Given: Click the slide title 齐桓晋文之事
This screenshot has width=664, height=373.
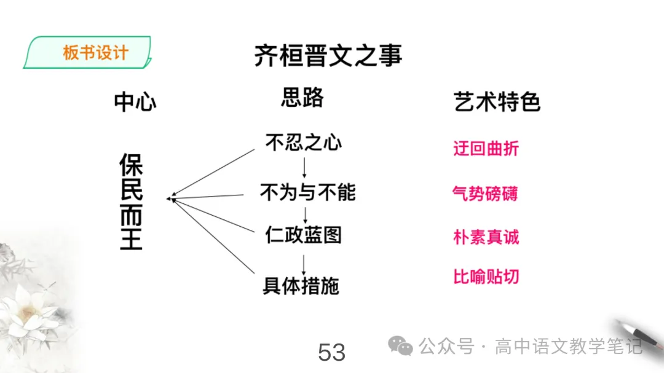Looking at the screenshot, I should tap(328, 56).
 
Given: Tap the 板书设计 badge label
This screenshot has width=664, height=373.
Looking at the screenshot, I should tap(95, 52).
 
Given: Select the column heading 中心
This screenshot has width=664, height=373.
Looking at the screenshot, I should tap(135, 102).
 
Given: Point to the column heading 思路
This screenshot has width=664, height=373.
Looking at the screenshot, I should tap(302, 98).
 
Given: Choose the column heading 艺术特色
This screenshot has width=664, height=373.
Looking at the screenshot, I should tap(497, 102).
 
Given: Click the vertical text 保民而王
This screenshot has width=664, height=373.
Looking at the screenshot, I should tap(131, 202).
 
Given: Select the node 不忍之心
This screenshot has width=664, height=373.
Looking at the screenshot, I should tap(303, 143).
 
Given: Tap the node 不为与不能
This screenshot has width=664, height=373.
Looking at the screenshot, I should tap(307, 193).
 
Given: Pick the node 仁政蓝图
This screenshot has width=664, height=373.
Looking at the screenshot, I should tap(303, 235).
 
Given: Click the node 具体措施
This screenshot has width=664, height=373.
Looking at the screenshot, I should tap(301, 286).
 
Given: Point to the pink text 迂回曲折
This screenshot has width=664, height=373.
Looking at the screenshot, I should tap(486, 149).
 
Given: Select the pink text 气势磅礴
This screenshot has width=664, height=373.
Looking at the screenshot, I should tap(485, 194).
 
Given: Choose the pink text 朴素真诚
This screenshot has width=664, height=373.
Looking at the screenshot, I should tap(486, 237).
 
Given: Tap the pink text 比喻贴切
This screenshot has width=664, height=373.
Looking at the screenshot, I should tap(486, 277).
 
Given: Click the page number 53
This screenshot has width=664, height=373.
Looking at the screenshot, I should tap(331, 353).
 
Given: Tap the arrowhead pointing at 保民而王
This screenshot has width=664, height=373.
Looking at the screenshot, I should tap(170, 198).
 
